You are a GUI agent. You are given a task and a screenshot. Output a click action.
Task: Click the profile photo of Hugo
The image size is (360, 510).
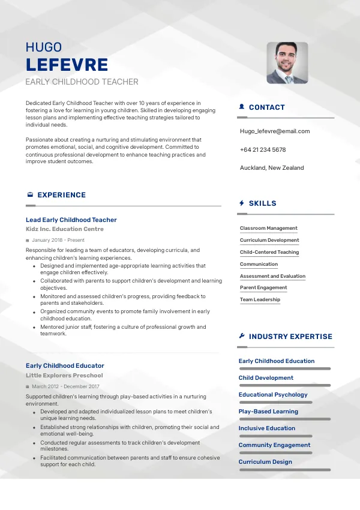click(x=287, y=62)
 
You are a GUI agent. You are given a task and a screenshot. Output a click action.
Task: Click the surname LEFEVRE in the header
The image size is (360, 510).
click(x=67, y=65)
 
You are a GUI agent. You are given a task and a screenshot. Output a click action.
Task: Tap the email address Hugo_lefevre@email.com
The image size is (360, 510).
click(x=275, y=131)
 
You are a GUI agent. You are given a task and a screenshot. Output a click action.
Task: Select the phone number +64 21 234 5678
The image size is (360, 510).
click(x=263, y=149)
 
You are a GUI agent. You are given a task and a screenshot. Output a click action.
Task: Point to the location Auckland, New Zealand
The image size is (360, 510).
click(x=272, y=168)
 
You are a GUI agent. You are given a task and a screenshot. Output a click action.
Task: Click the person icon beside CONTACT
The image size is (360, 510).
click(x=242, y=107)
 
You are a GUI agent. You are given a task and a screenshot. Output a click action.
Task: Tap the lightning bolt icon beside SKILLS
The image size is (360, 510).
click(x=242, y=203)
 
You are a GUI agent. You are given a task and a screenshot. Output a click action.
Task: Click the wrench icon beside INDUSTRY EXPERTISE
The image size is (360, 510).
click(x=242, y=337)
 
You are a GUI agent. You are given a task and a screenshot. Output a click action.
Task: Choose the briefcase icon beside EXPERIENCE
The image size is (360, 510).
click(x=30, y=195)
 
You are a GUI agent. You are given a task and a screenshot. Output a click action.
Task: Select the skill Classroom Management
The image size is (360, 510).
click(x=268, y=228)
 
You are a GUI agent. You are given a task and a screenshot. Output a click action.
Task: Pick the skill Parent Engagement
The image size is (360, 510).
click(x=263, y=287)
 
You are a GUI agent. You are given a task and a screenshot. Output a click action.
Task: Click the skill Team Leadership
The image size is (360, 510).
click(x=260, y=299)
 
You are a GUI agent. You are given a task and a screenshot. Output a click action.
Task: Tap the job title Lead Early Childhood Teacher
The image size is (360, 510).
click(x=71, y=220)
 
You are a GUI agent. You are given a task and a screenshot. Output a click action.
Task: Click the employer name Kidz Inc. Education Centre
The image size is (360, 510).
click(x=65, y=229)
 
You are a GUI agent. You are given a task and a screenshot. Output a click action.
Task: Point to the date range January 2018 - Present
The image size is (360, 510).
click(x=58, y=240)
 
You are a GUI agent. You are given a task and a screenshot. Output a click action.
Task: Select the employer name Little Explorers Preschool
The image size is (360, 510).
click(x=64, y=376)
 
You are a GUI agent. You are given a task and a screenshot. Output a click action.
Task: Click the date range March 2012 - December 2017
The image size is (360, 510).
click(x=65, y=386)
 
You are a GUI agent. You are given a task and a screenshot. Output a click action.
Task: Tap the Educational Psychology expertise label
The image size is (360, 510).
click(x=273, y=395)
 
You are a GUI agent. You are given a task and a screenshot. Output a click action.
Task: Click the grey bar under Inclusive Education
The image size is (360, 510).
click(x=275, y=436)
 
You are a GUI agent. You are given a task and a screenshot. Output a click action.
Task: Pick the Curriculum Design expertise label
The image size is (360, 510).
click(x=265, y=462)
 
